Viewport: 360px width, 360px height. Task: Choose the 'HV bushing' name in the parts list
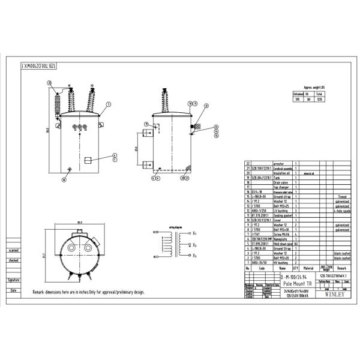[x=282, y=263]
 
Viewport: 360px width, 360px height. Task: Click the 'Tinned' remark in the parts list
[x=341, y=196]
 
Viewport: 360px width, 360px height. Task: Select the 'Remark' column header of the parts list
[x=341, y=268]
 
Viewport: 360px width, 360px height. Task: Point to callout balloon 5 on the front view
[x=109, y=104]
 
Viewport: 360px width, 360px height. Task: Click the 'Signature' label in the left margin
[x=13, y=280]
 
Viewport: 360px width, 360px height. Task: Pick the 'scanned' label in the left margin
[x=13, y=250]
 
